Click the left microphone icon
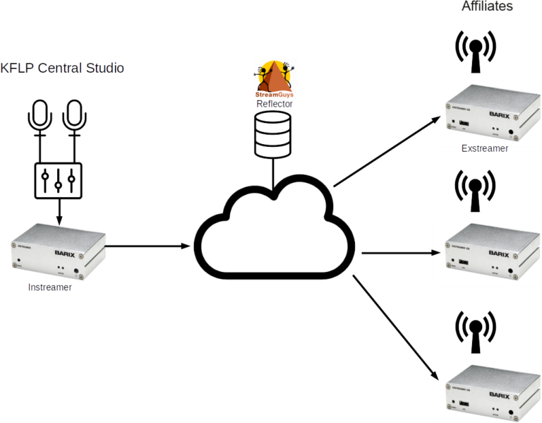pos(40,117)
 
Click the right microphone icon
pos(73,117)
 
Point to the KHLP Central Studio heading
pos(63,68)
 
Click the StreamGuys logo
pos(275,79)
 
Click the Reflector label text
pos(275,104)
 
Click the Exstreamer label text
pos(485,148)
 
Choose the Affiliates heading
pos(487,7)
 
